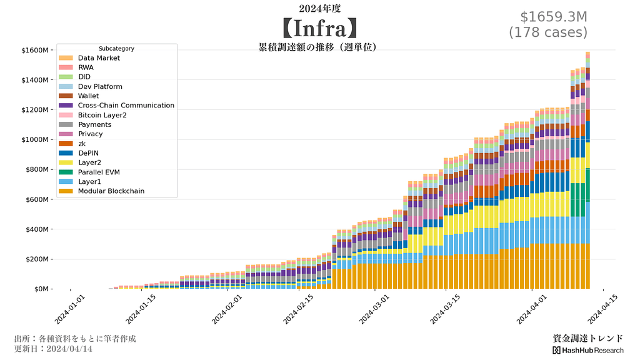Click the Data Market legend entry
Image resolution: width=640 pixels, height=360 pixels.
(x=99, y=58)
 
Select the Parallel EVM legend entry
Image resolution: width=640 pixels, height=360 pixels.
(x=99, y=172)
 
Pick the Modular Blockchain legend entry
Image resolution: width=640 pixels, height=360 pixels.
(x=111, y=191)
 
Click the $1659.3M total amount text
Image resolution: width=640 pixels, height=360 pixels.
(x=554, y=17)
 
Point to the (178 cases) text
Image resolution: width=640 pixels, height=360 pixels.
(x=548, y=32)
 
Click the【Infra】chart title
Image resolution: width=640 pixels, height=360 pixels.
(x=319, y=28)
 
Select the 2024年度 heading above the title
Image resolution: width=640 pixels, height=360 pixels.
(x=319, y=8)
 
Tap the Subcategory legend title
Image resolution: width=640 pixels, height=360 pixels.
(x=116, y=49)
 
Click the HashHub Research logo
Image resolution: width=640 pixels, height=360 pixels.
(x=587, y=351)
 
